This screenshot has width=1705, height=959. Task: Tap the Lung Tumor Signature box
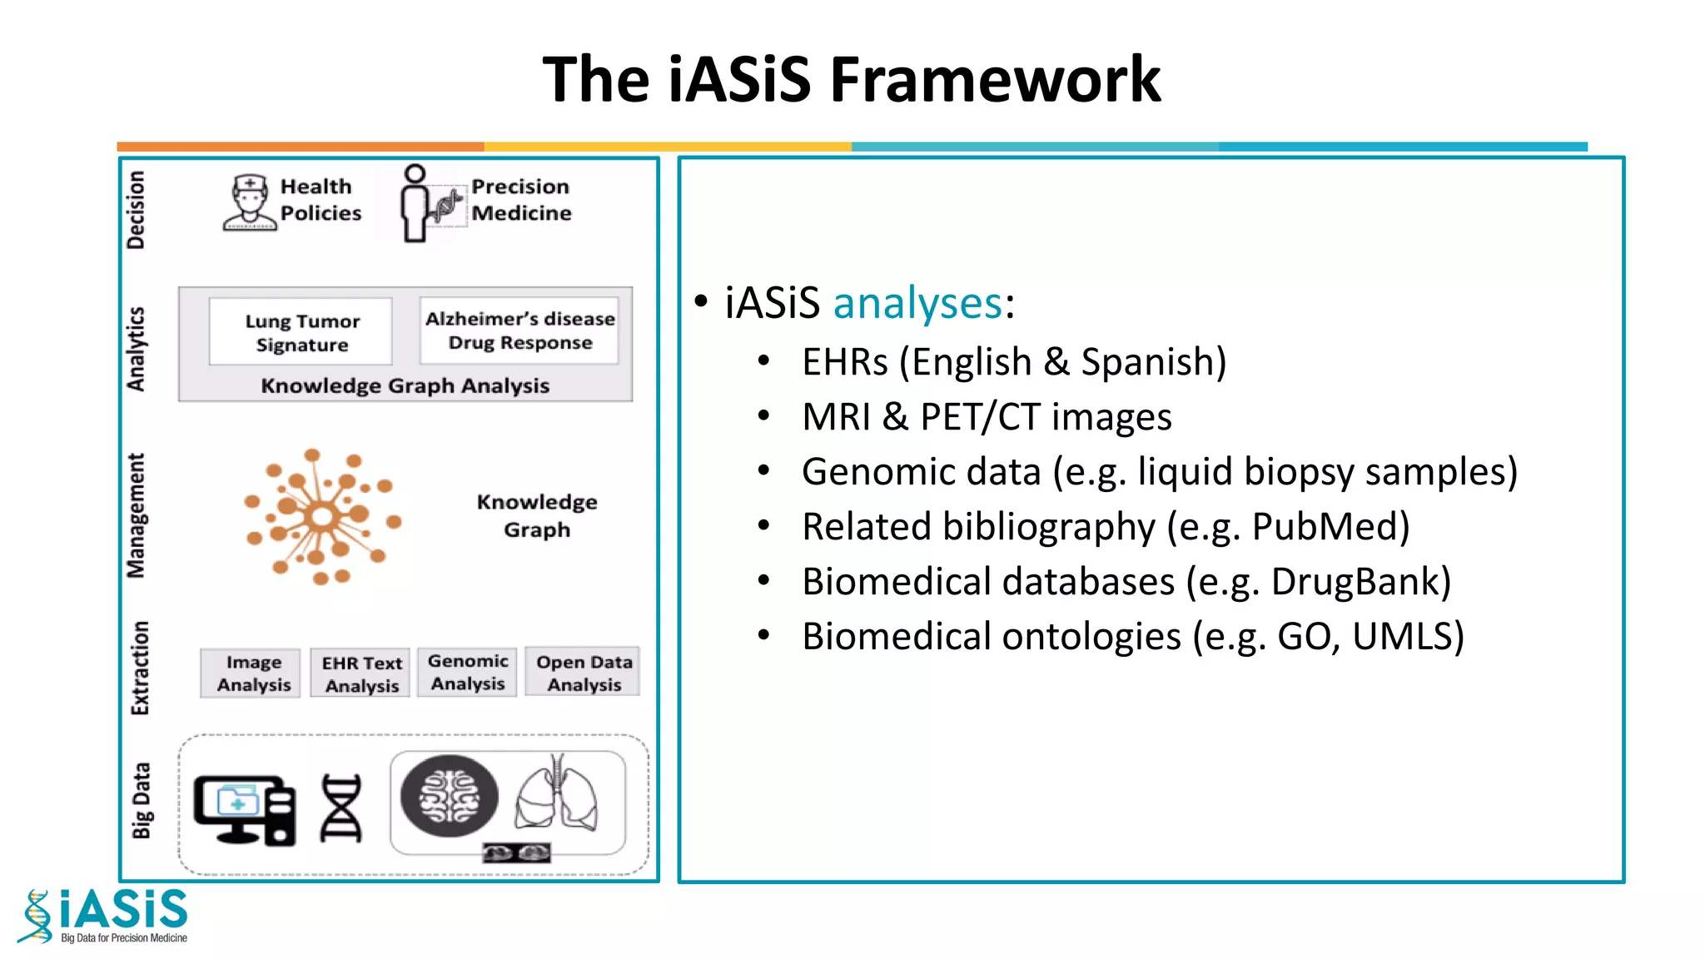(x=301, y=332)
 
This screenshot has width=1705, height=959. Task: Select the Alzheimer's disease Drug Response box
(x=519, y=330)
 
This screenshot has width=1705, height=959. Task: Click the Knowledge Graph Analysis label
(x=405, y=385)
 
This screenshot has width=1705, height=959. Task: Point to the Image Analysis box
(x=253, y=673)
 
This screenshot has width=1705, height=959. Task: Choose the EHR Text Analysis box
(x=361, y=673)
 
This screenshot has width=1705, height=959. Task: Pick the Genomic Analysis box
(x=468, y=672)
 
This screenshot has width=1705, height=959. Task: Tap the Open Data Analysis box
(x=584, y=673)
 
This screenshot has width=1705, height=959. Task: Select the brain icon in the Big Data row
(x=450, y=796)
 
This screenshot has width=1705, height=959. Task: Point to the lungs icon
(x=556, y=794)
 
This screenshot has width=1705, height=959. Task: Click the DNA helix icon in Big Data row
(x=341, y=807)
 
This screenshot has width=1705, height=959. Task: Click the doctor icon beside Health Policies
(x=249, y=202)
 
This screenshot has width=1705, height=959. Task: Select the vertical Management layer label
(x=136, y=515)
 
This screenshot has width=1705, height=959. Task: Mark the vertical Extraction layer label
(x=140, y=668)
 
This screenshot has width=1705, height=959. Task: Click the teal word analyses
(x=917, y=302)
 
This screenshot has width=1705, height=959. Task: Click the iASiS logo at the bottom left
(x=104, y=916)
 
